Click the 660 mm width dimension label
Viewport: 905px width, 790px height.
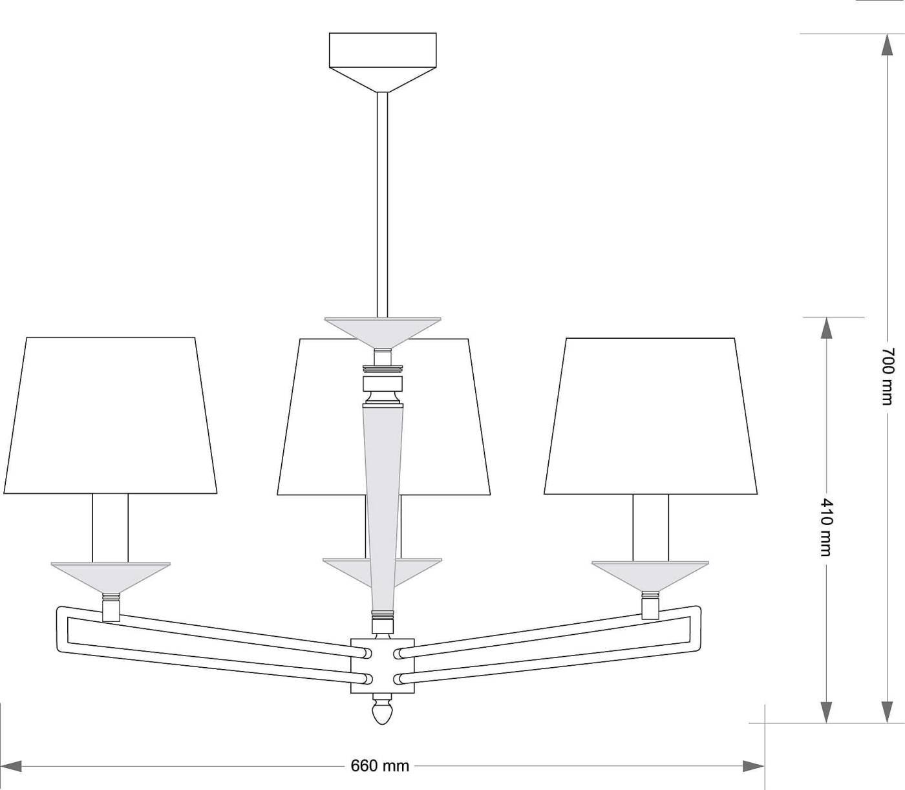pyautogui.click(x=380, y=765)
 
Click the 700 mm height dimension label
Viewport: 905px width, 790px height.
pyautogui.click(x=886, y=376)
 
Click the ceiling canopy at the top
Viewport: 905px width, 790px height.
pyautogui.click(x=383, y=62)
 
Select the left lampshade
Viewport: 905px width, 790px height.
pyautogui.click(x=110, y=415)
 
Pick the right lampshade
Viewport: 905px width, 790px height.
pyautogui.click(x=651, y=416)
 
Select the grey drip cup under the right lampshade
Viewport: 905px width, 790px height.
pyautogui.click(x=650, y=575)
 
